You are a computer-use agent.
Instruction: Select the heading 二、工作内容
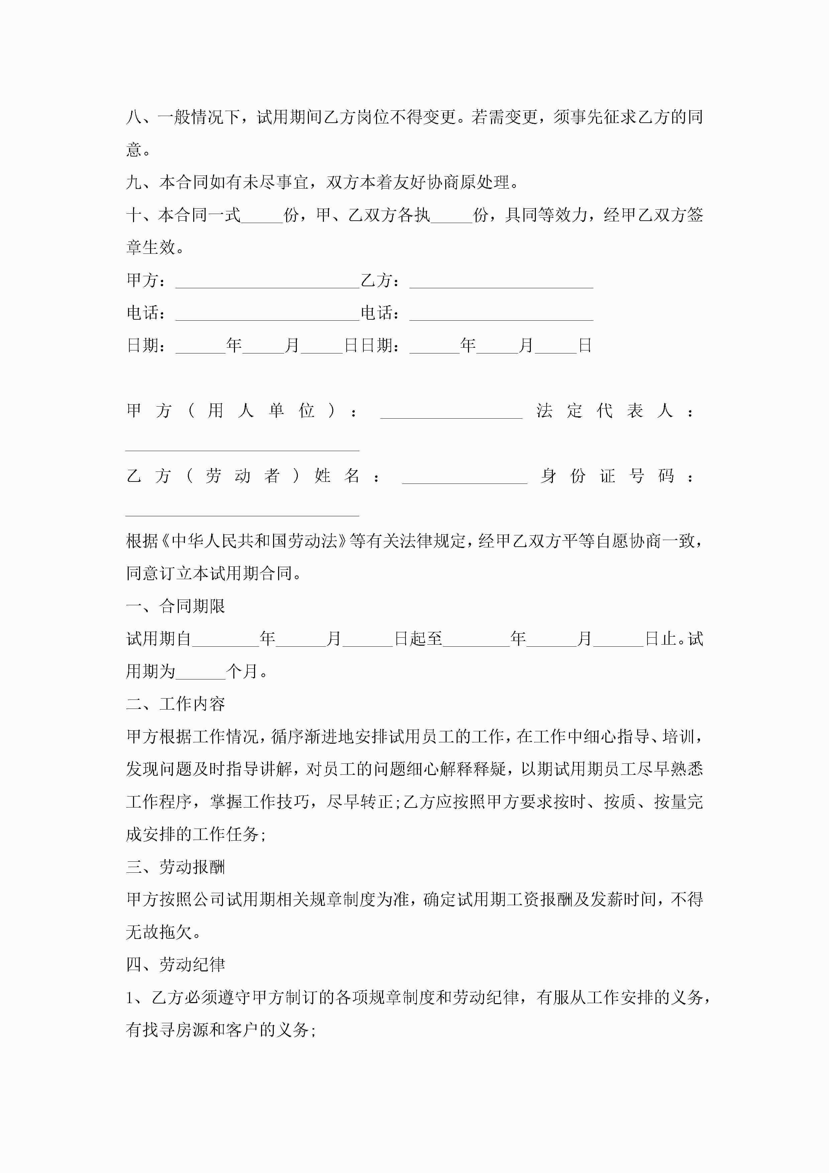click(x=175, y=704)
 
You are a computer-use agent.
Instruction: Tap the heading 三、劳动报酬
click(x=175, y=867)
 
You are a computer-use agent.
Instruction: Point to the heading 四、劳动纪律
click(x=175, y=965)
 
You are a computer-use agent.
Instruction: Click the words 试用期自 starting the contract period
click(x=158, y=639)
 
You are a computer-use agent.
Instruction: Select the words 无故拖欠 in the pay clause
click(x=159, y=932)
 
